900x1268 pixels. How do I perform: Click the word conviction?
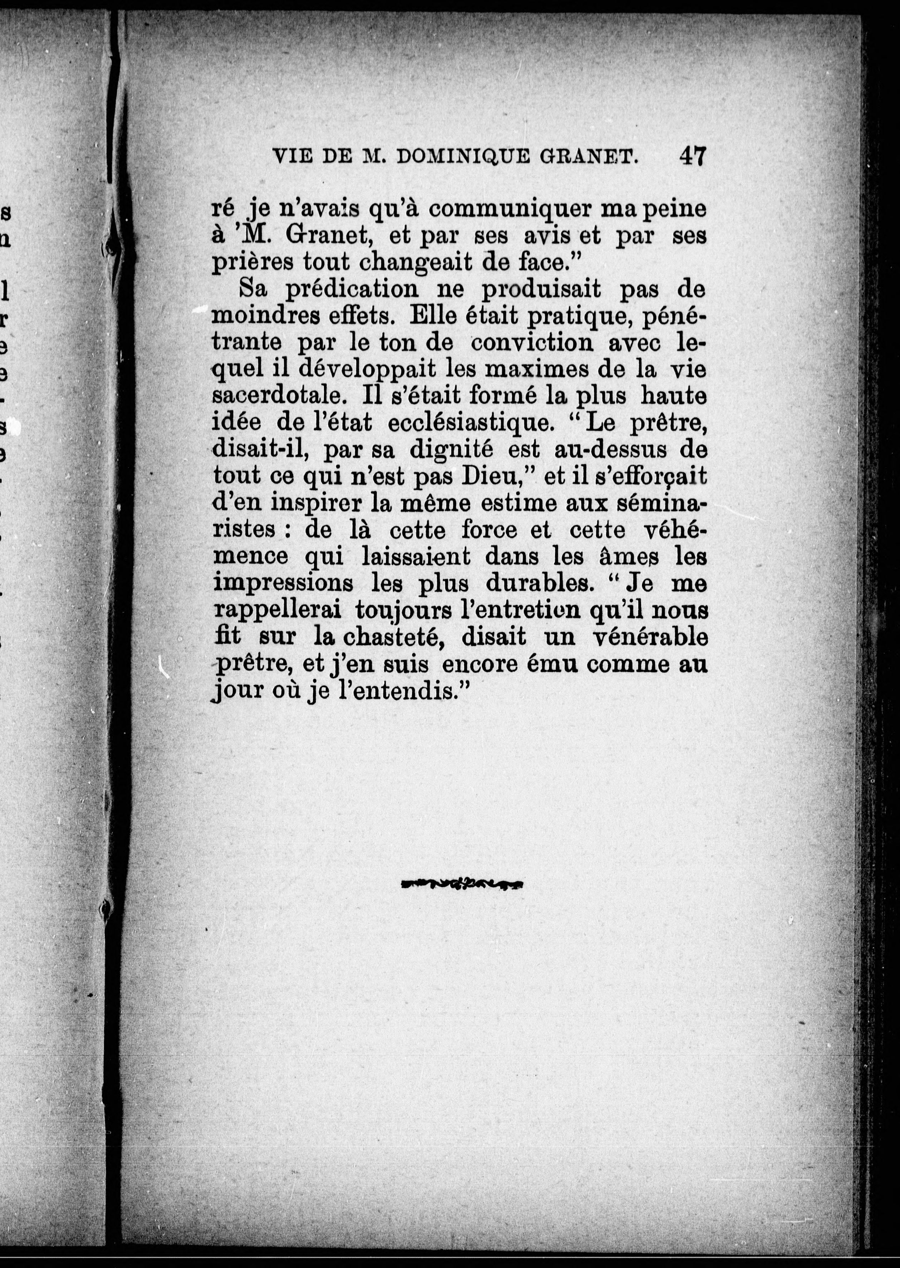532,343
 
